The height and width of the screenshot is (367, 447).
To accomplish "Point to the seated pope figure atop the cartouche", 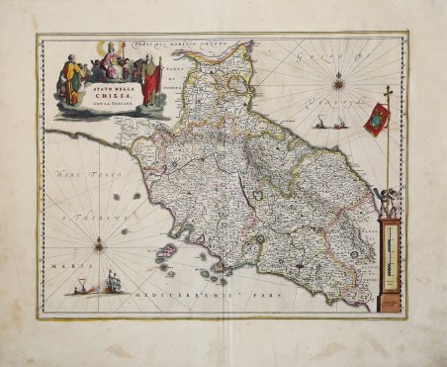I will click(x=112, y=58).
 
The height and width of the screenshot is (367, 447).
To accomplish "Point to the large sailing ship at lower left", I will click(x=112, y=283).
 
